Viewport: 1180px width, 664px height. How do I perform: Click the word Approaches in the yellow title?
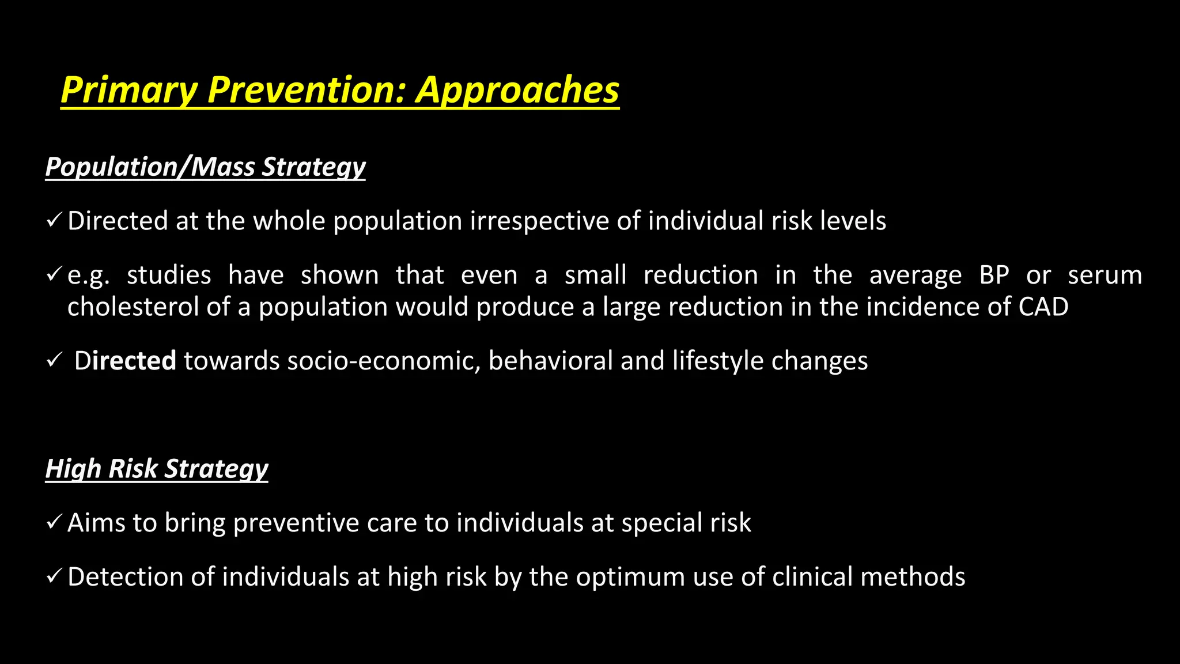(x=517, y=90)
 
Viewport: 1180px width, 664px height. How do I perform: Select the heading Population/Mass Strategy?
(x=205, y=167)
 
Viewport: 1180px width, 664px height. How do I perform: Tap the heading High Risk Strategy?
(x=157, y=469)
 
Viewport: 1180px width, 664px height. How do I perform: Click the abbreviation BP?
(x=994, y=275)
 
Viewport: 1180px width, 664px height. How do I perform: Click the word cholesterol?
(x=133, y=307)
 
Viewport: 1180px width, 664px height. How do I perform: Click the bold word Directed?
(x=125, y=361)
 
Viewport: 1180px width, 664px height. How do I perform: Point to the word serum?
(x=1105, y=275)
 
